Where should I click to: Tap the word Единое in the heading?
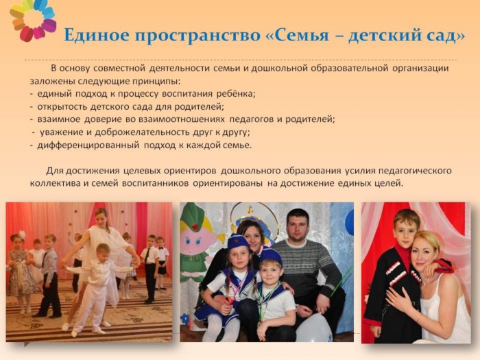[x=97, y=35]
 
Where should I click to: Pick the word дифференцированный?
[x=88, y=145]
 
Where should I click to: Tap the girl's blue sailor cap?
[x=238, y=242]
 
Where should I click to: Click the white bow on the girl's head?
[x=22, y=235]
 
